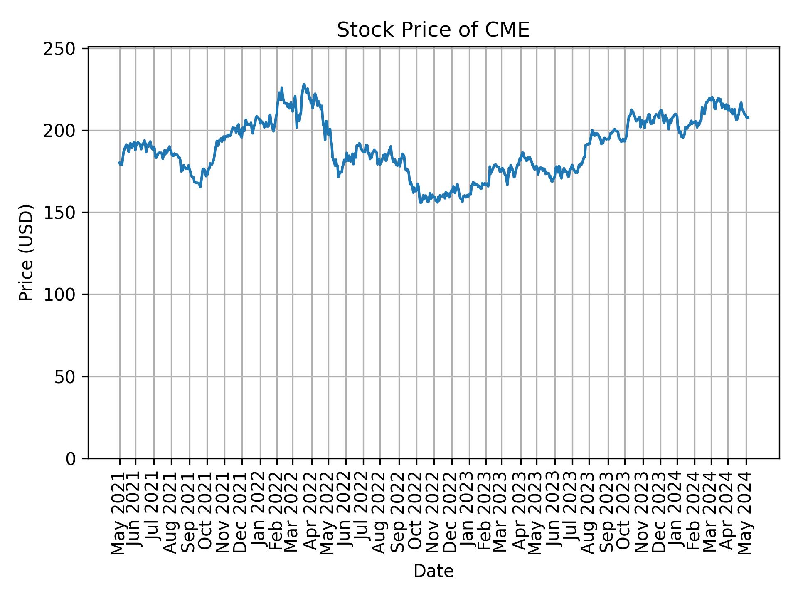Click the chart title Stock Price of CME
coord(433,30)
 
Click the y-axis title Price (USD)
coord(26,252)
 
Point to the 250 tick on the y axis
coord(64,49)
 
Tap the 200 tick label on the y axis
coord(64,131)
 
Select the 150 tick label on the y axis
coord(64,213)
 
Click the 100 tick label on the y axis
coord(64,295)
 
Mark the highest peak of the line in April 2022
coord(304,84)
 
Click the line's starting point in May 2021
coord(119,163)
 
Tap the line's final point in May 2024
coord(748,118)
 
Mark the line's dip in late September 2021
coord(200,187)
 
